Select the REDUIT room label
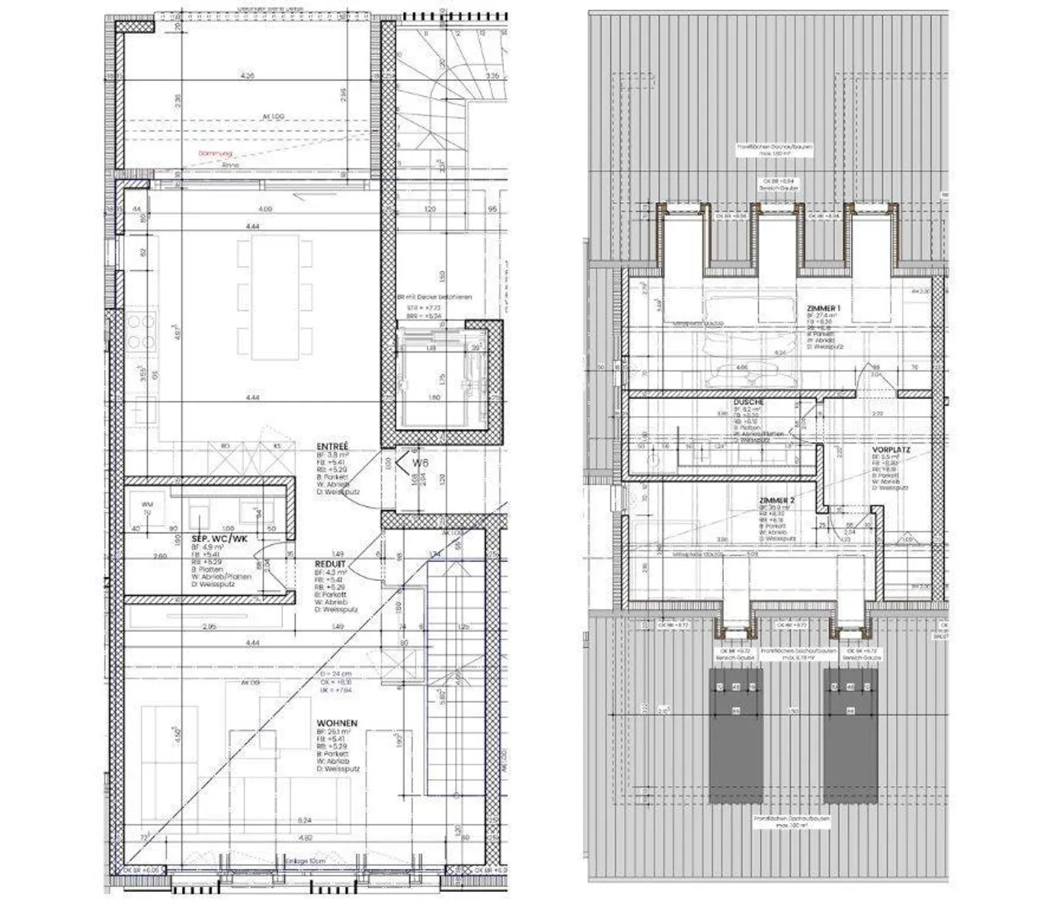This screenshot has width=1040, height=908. [330, 563]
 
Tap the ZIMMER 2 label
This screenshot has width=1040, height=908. [777, 500]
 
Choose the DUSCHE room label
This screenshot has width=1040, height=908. [749, 402]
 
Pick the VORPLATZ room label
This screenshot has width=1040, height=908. [890, 449]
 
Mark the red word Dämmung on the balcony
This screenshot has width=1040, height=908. [217, 154]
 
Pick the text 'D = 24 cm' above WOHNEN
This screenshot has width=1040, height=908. [334, 673]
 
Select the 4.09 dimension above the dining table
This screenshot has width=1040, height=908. [265, 209]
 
